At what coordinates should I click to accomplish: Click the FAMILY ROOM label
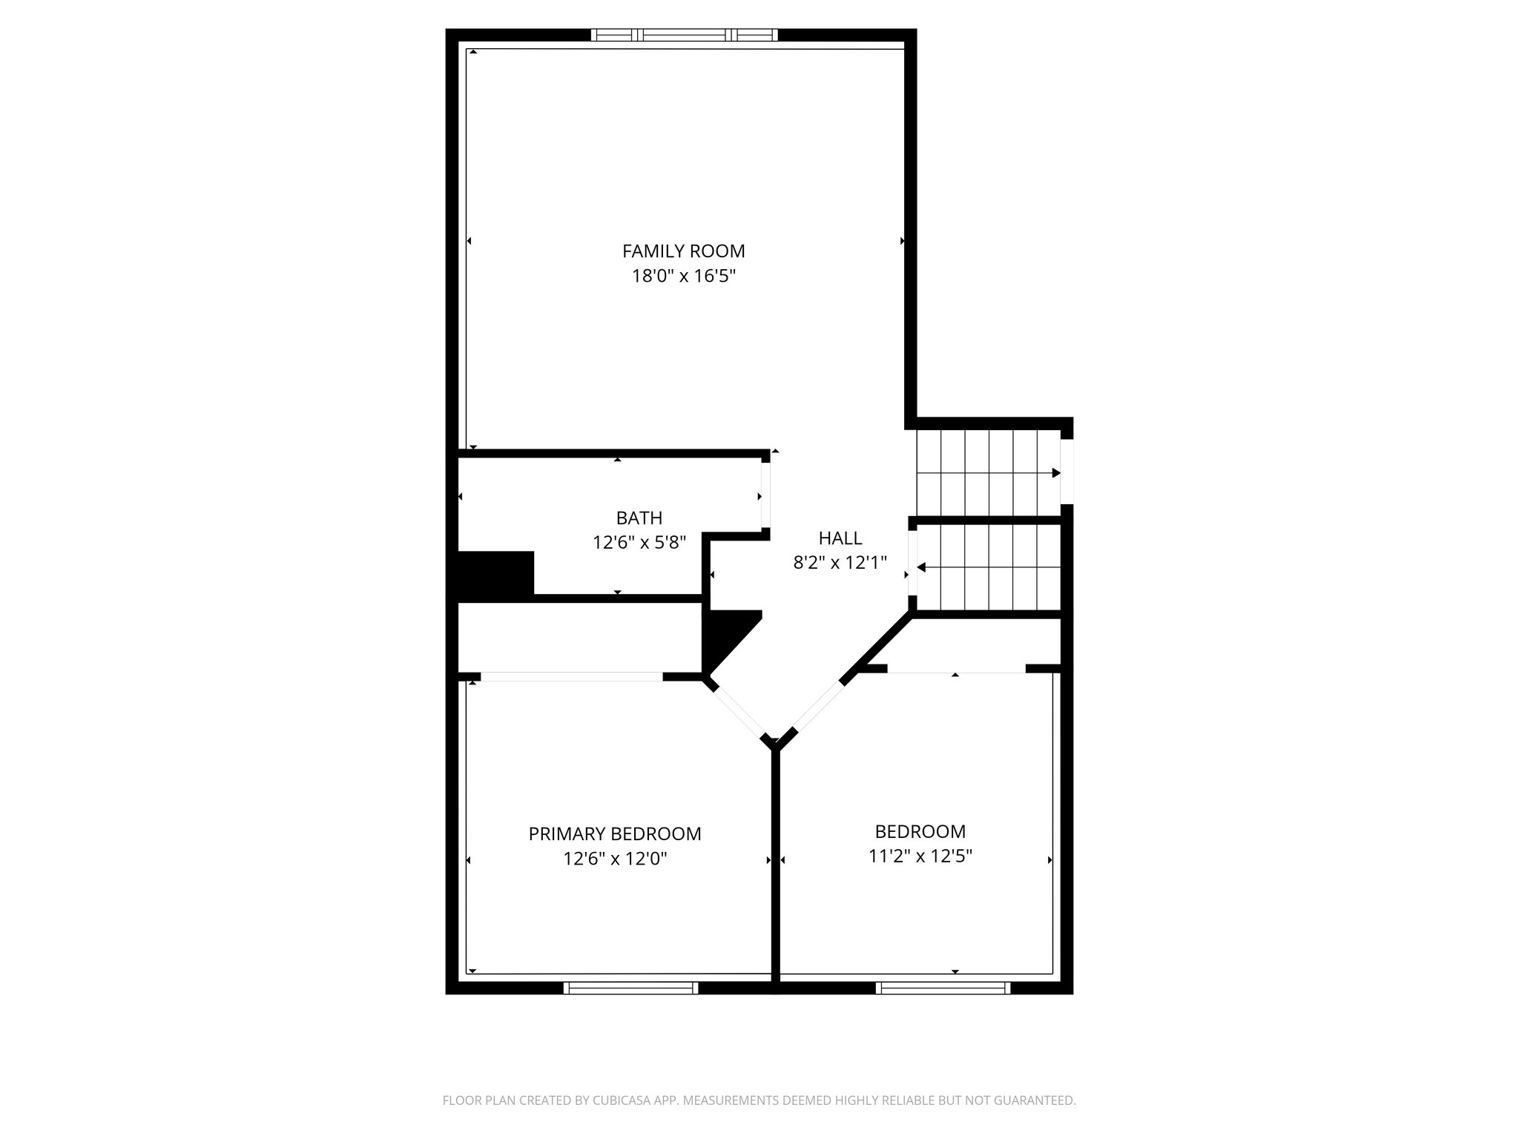coord(683,251)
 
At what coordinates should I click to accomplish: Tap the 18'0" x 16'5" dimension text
coord(683,277)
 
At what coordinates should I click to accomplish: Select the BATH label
coord(639,518)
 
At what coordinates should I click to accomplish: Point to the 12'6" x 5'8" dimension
coord(639,543)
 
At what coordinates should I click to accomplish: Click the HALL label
coord(840,538)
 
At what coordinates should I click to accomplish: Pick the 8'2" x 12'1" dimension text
coord(840,563)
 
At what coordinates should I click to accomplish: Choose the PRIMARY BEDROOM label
coord(614,834)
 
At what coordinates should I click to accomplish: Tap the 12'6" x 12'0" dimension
coord(614,859)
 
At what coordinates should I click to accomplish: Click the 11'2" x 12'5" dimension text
coord(920,856)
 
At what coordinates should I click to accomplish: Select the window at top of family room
coord(684,35)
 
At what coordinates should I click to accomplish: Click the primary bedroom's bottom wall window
coord(630,988)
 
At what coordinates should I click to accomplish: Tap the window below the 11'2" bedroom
coord(943,988)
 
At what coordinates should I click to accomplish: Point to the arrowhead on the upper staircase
coord(1056,473)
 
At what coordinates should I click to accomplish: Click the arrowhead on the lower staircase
coord(921,567)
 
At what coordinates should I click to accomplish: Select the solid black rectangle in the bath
coord(495,575)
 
